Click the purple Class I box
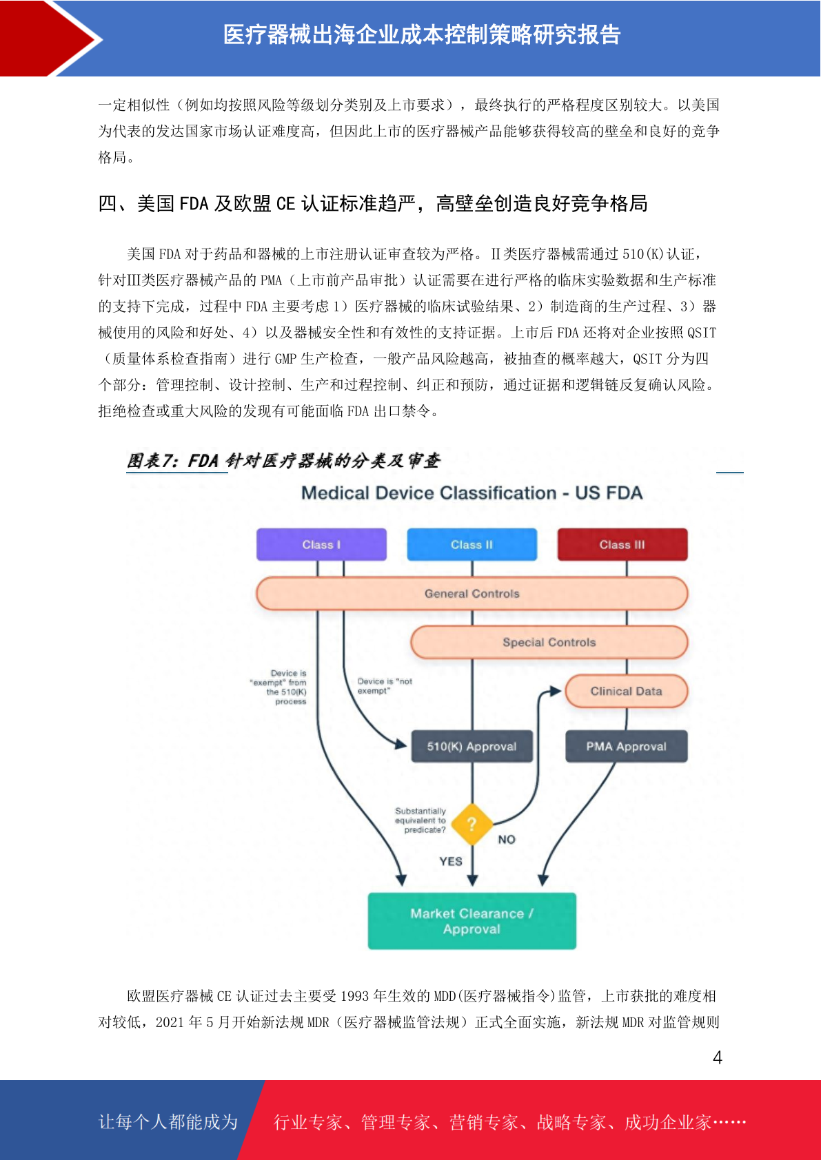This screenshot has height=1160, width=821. [x=321, y=544]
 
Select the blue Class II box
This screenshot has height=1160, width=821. [x=472, y=544]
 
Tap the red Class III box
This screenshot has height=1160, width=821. [x=622, y=544]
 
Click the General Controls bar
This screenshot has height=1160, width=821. [x=472, y=594]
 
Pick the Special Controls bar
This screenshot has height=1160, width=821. [x=549, y=642]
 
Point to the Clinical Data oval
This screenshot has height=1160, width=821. [x=626, y=691]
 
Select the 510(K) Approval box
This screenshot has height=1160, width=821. [x=472, y=746]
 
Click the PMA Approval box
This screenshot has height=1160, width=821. [x=626, y=746]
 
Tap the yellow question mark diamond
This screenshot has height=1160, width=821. [x=472, y=823]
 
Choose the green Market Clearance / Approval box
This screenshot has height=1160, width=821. [x=472, y=921]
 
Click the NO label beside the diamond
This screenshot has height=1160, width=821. [x=507, y=840]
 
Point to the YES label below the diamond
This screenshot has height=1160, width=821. [x=450, y=861]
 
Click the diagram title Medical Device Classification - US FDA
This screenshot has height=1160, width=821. [x=472, y=493]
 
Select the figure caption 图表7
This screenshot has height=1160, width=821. [x=283, y=460]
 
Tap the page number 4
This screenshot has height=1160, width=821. [x=718, y=1057]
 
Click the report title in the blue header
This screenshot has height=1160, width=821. [x=422, y=35]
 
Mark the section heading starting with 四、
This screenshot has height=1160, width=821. [x=373, y=203]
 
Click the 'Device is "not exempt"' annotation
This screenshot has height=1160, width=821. [x=385, y=685]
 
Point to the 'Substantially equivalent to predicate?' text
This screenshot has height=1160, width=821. [x=420, y=820]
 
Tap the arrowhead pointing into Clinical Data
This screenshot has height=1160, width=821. [x=556, y=691]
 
